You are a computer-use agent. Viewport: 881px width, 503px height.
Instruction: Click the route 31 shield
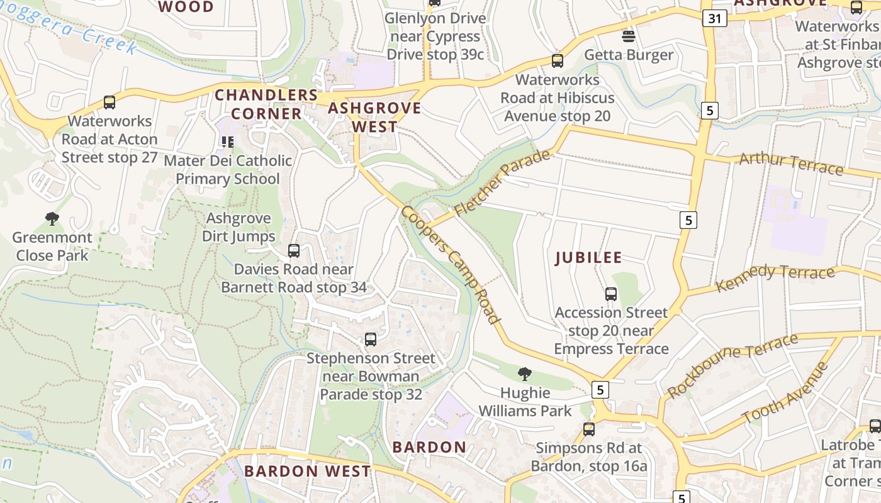point(714,18)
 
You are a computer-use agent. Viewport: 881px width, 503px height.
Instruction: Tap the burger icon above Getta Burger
point(628,35)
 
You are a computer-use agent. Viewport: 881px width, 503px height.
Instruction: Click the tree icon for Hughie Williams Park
point(524,374)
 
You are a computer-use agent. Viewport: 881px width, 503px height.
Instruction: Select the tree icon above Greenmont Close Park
point(52,219)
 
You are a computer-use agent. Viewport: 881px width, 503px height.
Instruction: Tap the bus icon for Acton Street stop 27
point(109,102)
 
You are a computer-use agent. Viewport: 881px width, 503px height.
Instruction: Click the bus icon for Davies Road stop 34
point(293,251)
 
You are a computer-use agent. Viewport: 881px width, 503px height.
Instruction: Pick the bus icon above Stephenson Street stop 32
point(371,340)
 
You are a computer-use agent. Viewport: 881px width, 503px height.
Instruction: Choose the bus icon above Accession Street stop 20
point(610,294)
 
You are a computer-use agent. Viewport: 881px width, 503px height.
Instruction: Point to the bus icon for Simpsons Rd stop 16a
point(588,429)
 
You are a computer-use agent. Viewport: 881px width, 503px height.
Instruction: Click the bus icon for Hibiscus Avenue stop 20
point(557,61)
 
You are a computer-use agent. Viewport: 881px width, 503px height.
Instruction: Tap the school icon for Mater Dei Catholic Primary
point(227,142)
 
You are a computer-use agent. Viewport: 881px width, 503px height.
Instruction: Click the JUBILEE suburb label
point(588,258)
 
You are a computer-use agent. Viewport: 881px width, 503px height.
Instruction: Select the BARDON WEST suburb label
point(307,471)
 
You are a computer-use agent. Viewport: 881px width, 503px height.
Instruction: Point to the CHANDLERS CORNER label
point(266,104)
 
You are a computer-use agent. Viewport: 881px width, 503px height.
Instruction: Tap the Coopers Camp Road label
point(451,264)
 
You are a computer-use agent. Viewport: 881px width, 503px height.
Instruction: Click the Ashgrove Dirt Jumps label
point(239,227)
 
